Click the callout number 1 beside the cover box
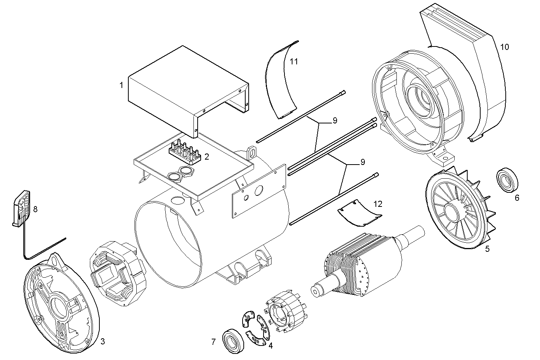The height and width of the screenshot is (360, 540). (x=121, y=85)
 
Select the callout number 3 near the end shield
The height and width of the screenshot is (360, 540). (x=102, y=341)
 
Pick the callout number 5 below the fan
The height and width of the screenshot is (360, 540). (x=487, y=249)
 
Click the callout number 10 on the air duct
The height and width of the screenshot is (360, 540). (x=504, y=47)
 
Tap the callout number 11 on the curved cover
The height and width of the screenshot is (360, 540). (x=293, y=61)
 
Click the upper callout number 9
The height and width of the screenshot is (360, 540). (x=335, y=121)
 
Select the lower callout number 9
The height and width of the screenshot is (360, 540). (x=362, y=162)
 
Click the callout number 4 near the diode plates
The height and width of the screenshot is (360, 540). (x=270, y=346)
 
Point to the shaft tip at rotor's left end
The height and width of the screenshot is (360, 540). (x=316, y=291)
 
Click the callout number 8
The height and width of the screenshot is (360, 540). (x=35, y=209)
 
